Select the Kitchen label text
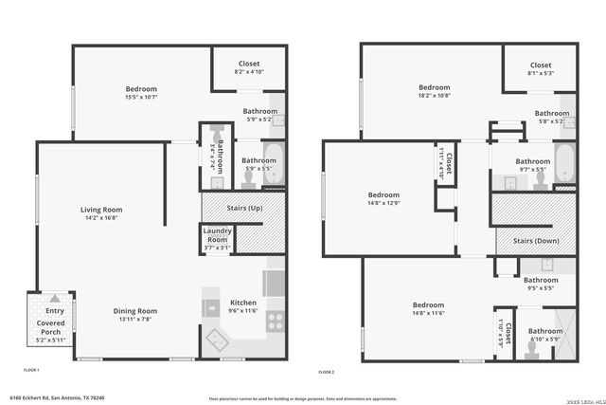click(x=243, y=303)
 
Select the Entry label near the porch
click(x=55, y=310)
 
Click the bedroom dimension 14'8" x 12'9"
click(x=383, y=203)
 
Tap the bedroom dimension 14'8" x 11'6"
click(x=429, y=313)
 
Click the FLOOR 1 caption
click(x=31, y=369)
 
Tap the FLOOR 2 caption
click(x=327, y=371)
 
